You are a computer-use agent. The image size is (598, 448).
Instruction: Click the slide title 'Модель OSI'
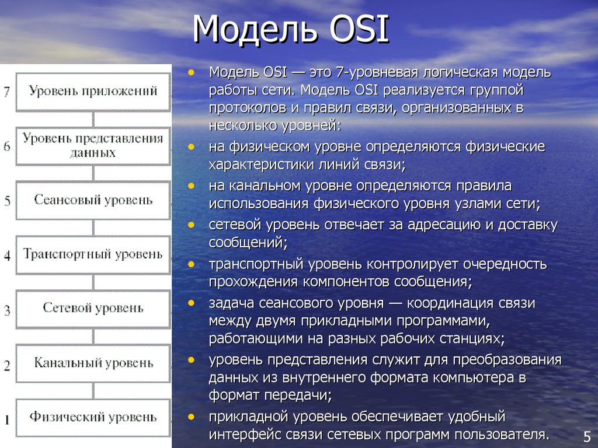tap(291, 29)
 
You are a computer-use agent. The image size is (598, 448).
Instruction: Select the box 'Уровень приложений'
tap(93, 92)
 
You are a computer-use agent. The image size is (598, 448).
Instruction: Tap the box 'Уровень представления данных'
tap(93, 146)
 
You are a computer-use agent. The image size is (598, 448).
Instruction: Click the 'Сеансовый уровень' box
tap(93, 201)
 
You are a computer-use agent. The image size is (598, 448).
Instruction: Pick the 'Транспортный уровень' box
tap(93, 255)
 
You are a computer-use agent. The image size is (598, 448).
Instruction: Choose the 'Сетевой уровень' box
tap(93, 309)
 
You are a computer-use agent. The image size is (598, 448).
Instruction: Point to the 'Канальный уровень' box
tap(93, 363)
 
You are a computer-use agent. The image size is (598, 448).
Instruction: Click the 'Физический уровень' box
tap(93, 418)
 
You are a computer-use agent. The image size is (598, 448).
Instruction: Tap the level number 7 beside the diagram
tap(7, 92)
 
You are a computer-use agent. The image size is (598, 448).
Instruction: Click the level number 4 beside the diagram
tap(7, 256)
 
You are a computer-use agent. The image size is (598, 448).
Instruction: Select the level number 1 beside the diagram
tap(7, 420)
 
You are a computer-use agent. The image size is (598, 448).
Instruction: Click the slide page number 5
tap(587, 436)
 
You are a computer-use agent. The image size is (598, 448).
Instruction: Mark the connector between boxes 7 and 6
tap(93, 119)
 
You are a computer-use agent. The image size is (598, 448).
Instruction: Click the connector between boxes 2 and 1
tap(93, 391)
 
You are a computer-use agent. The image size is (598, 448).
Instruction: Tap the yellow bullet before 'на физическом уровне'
tap(191, 146)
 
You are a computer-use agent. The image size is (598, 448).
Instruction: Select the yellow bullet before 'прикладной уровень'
tap(191, 416)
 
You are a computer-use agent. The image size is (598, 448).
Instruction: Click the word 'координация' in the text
tap(450, 303)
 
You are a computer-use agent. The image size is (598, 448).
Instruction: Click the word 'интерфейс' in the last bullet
tap(245, 435)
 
